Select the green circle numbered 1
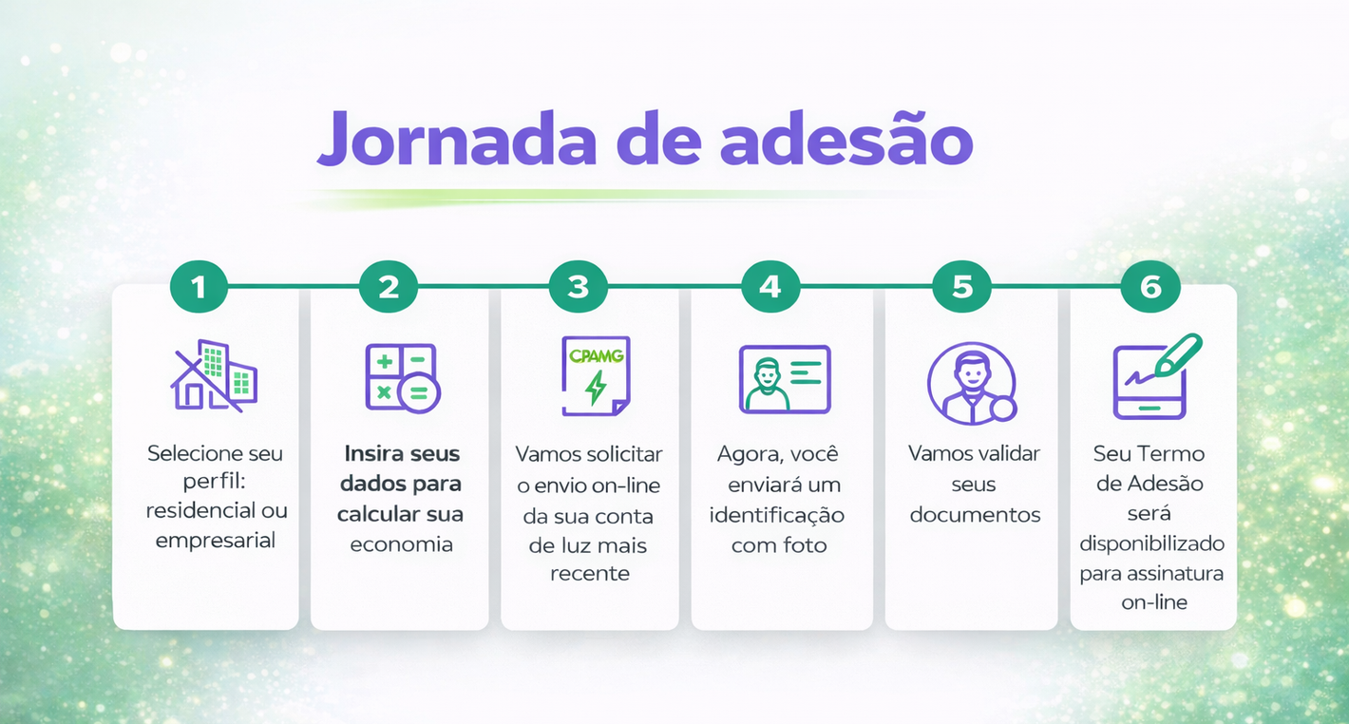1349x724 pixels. tap(199, 286)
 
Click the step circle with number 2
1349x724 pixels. tap(389, 286)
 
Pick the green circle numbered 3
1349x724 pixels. tap(579, 286)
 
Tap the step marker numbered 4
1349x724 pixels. tap(770, 286)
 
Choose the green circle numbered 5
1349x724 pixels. tap(961, 286)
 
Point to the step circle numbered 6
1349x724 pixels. tap(1150, 286)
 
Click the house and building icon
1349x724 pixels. tap(215, 375)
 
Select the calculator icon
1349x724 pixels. tap(402, 377)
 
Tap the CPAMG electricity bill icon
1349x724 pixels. tap(595, 376)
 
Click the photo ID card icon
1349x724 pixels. tap(785, 379)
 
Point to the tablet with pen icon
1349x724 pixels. tap(1155, 377)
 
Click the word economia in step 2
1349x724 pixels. tap(401, 544)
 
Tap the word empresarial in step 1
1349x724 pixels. tap(216, 541)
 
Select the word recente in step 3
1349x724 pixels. tap(590, 574)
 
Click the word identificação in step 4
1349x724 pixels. tap(777, 515)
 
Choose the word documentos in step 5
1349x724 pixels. tap(975, 515)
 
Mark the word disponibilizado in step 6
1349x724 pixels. tap(1151, 544)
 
